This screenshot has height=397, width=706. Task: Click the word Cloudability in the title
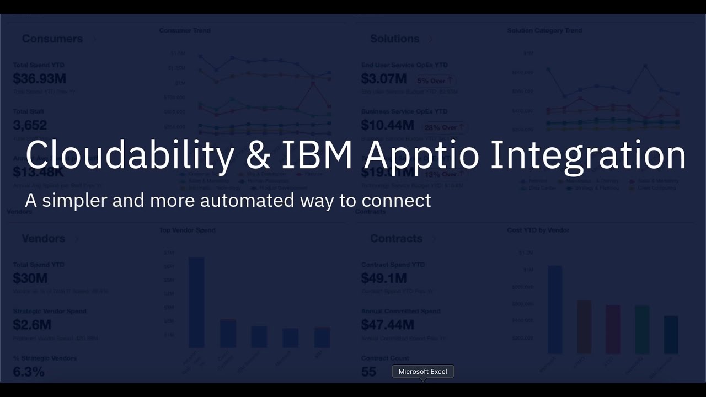130,155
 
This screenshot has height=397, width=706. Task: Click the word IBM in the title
317,155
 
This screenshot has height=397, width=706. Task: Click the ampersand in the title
258,155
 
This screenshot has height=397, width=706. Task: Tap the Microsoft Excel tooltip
422,372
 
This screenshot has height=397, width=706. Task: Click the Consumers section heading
52,39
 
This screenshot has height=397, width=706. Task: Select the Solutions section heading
394,39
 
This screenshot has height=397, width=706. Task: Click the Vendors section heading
44,238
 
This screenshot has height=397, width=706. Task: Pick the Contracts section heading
396,238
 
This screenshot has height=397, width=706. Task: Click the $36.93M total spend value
40,79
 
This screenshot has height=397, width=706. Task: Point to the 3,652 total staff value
30,125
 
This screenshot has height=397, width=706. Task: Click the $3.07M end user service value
384,79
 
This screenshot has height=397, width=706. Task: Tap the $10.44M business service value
387,125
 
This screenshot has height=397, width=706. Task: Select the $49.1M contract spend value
384,278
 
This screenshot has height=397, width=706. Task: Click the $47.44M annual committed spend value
387,325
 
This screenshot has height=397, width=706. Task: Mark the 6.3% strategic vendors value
29,372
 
